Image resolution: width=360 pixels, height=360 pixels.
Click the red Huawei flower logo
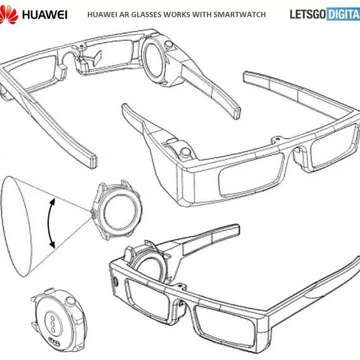(9, 15)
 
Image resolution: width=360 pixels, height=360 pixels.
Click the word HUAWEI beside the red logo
(45, 15)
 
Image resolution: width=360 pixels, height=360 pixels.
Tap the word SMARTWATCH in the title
(239, 15)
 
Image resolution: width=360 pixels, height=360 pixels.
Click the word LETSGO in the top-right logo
(308, 14)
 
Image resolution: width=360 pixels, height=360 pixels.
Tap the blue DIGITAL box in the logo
(343, 14)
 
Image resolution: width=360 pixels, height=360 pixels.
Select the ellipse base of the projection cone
(16, 227)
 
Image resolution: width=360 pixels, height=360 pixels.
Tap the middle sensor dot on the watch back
(53, 324)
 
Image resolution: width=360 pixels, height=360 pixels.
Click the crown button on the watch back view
(70, 301)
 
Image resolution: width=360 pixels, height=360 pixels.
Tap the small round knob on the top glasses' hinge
(169, 44)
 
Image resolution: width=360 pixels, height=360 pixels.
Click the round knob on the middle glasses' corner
(185, 152)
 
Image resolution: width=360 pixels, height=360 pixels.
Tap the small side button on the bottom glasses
(116, 282)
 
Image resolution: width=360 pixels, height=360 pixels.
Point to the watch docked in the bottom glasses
(149, 262)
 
